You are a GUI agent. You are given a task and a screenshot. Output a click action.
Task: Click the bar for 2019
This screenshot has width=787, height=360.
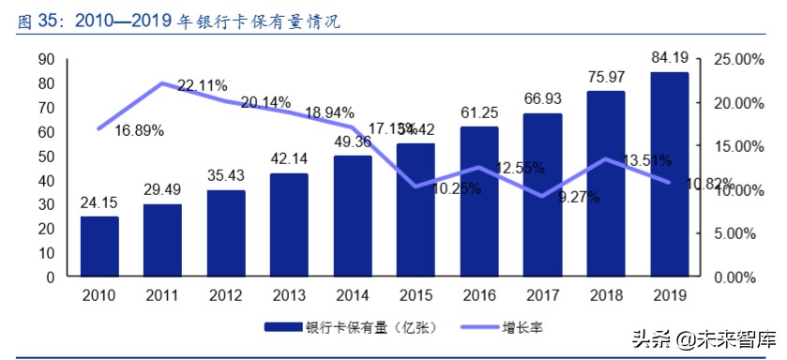pyautogui.click(x=669, y=174)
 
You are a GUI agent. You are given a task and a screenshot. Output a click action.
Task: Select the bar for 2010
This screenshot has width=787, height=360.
pyautogui.click(x=99, y=247)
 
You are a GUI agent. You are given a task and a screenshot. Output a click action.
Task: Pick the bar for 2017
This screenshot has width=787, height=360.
pyautogui.click(x=542, y=195)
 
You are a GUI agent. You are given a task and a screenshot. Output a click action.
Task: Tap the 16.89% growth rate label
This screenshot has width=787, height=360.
pyautogui.click(x=139, y=130)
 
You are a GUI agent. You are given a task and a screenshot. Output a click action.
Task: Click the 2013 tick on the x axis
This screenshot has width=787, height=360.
pyautogui.click(x=289, y=295)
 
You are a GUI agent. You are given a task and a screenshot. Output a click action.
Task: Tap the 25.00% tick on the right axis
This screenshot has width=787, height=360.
pyautogui.click(x=733, y=60)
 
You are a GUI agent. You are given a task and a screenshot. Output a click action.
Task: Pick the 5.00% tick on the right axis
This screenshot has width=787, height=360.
pyautogui.click(x=733, y=234)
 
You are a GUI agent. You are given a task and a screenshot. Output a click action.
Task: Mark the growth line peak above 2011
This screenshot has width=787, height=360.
pyautogui.click(x=162, y=83)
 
